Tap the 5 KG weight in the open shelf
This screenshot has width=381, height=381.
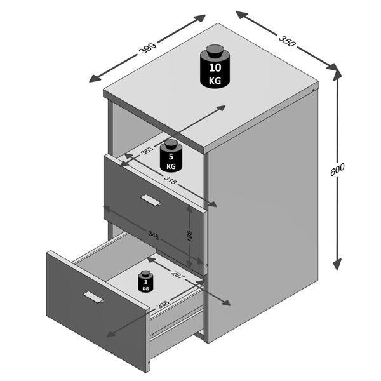[x=171, y=156]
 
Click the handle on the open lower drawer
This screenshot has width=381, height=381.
[x=93, y=297]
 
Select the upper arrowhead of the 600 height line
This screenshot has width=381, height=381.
[x=337, y=74]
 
